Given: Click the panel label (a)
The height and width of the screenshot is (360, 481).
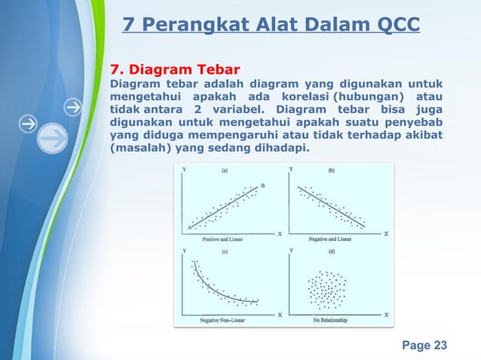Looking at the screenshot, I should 224,171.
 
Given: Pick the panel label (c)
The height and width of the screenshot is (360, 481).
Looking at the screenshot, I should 224,252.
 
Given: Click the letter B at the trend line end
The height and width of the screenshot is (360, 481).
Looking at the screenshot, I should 262,186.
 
